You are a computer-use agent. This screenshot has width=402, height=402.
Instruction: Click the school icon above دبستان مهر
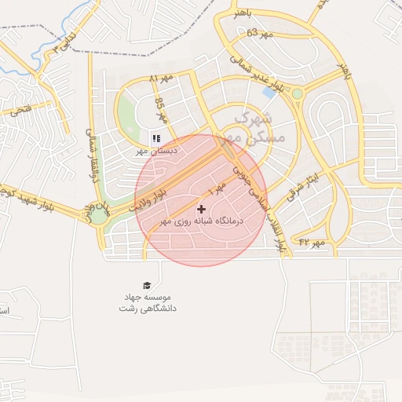coord(155,139)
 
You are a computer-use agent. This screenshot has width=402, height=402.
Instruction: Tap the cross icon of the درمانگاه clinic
coord(202,209)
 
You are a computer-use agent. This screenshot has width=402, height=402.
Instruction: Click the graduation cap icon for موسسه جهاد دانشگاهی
coord(147,285)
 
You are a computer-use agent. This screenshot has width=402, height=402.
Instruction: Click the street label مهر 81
coord(160,79)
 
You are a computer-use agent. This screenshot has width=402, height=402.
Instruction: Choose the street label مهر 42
coord(312,243)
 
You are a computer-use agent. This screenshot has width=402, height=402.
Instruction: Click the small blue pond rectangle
coord(270,92)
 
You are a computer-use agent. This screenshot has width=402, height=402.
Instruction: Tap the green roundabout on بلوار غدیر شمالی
coord(298,94)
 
